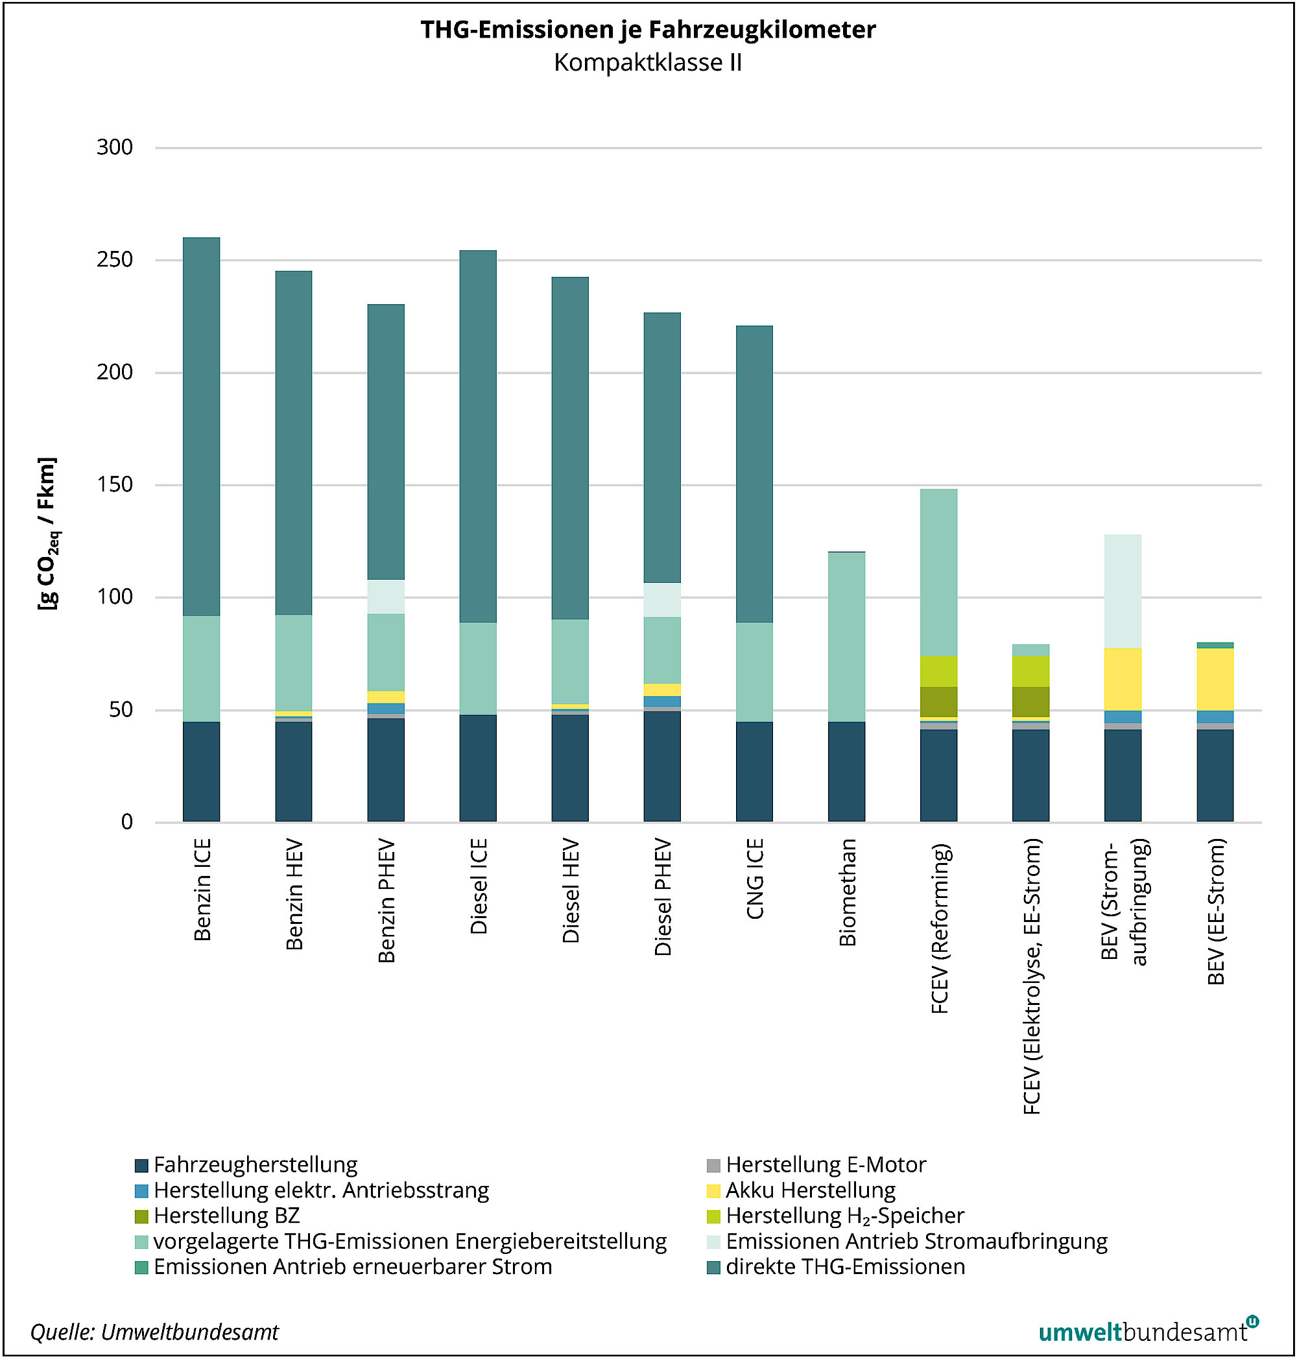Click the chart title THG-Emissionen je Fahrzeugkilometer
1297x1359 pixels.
coord(648,30)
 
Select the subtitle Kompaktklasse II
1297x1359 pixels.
coord(648,63)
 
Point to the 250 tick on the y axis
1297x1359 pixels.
coord(115,260)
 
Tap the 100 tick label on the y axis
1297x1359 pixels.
coord(115,597)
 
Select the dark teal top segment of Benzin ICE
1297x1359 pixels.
coord(201,427)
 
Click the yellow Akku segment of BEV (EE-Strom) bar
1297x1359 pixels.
coord(1215,679)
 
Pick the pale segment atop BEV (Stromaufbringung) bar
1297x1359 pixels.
coord(1123,591)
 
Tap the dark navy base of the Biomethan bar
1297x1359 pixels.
coord(846,772)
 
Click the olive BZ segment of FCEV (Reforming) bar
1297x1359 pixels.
coord(938,702)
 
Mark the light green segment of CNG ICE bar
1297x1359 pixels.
coord(754,672)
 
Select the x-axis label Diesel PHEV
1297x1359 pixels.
coord(663,897)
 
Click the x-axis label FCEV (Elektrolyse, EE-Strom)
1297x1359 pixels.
coord(1032,976)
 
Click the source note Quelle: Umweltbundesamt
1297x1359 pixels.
coord(154,1332)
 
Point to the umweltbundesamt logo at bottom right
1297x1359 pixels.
coord(1148,1331)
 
